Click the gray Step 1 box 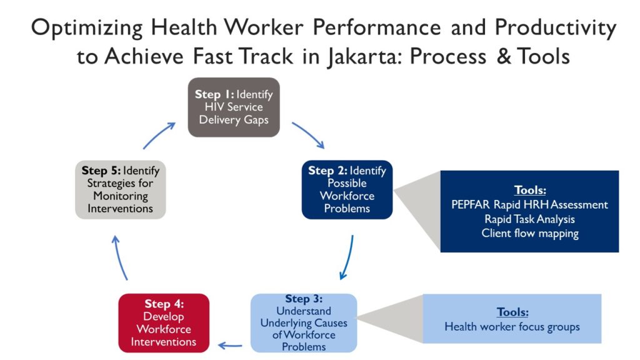point(234,107)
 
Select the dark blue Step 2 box point(347,189)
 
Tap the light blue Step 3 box point(304,323)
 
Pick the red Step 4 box point(164,323)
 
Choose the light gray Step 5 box point(121,189)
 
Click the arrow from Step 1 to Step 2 point(309,134)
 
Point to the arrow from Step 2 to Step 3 point(348,257)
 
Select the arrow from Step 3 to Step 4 point(230,346)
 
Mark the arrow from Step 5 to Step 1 point(158,135)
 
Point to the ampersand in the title point(504,56)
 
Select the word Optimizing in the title point(87,29)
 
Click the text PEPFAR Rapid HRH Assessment point(529,204)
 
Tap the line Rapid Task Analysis point(529,219)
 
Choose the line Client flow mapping point(530,234)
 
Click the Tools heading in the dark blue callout point(530,190)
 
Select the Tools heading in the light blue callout point(512,312)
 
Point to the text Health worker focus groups point(512,327)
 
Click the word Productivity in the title point(556,29)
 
